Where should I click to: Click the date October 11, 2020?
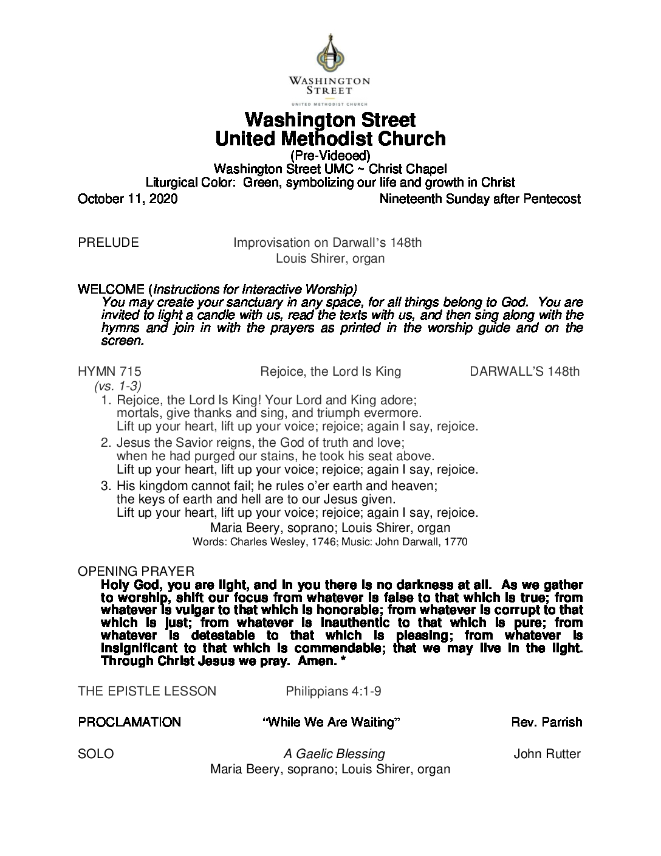pyautogui.click(x=128, y=199)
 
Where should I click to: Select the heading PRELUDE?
pyautogui.click(x=108, y=243)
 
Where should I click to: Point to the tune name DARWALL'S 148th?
pyautogui.click(x=525, y=371)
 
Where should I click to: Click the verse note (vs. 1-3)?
pyautogui.click(x=118, y=385)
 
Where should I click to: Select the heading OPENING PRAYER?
pyautogui.click(x=136, y=571)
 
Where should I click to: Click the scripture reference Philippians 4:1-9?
pyautogui.click(x=334, y=691)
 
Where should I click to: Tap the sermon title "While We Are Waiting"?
pyautogui.click(x=331, y=722)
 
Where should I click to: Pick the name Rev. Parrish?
pyautogui.click(x=547, y=722)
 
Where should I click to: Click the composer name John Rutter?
pyautogui.click(x=547, y=754)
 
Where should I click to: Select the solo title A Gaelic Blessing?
pyautogui.click(x=334, y=754)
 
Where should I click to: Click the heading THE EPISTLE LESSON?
pyautogui.click(x=147, y=691)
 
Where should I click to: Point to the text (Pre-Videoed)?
pyautogui.click(x=330, y=156)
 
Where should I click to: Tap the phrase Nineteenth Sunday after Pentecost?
pyautogui.click(x=479, y=199)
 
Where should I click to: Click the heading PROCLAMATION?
pyautogui.click(x=129, y=722)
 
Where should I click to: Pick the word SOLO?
pyautogui.click(x=96, y=754)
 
